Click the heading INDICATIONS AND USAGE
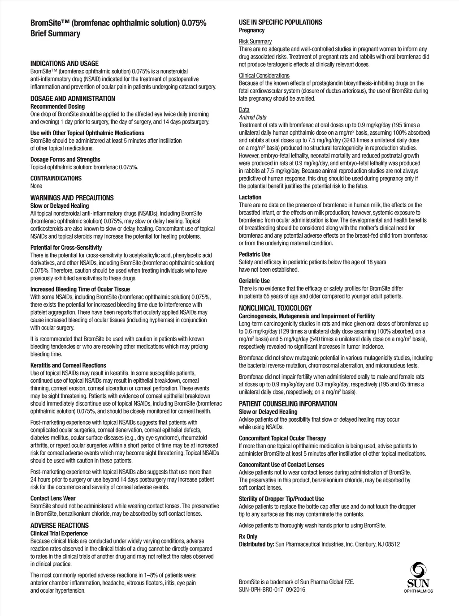click(x=64, y=64)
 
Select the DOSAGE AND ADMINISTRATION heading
click(x=73, y=98)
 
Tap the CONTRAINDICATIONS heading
click(x=56, y=178)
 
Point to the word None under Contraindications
click(x=36, y=186)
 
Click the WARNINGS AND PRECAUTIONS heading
click(x=72, y=198)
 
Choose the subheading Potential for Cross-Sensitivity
click(x=66, y=248)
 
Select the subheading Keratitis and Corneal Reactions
click(x=68, y=365)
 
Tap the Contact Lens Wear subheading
click(x=53, y=498)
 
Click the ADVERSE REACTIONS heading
click(x=59, y=526)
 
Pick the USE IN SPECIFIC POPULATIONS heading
click(x=280, y=22)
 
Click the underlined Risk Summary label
click(x=255, y=42)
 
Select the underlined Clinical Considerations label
click(x=264, y=76)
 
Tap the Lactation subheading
click(x=250, y=197)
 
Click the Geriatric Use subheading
click(x=254, y=281)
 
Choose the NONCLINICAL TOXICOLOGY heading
click(x=275, y=308)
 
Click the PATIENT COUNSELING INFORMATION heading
click(x=288, y=404)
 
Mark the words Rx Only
click(x=248, y=536)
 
